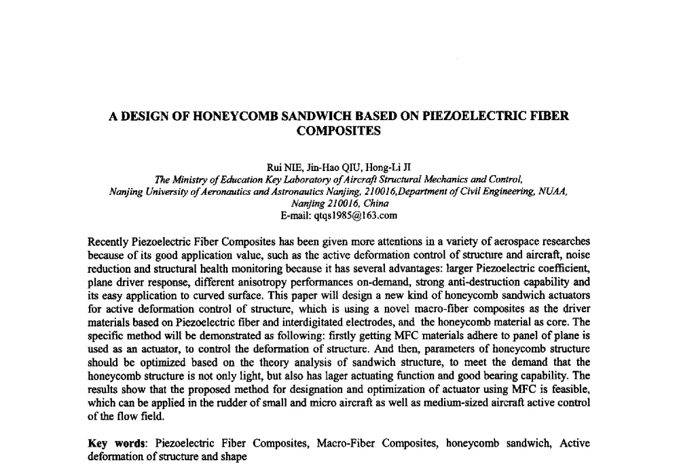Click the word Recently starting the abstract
(109, 242)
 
